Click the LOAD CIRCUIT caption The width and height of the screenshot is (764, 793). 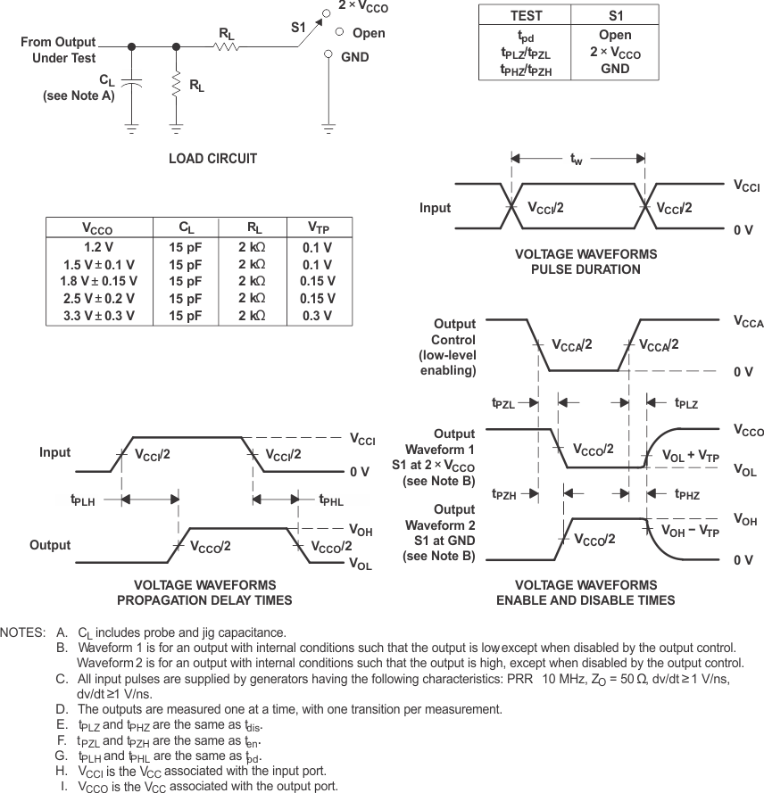pyautogui.click(x=212, y=159)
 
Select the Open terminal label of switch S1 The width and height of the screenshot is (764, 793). pyautogui.click(x=369, y=33)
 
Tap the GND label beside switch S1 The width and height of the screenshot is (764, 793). pyautogui.click(x=355, y=56)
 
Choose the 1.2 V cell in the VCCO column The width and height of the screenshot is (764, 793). pyautogui.click(x=99, y=248)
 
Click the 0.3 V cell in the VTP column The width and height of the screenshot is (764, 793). pyautogui.click(x=318, y=315)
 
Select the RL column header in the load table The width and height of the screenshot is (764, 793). pyautogui.click(x=253, y=227)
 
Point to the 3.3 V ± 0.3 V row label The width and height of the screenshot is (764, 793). pyautogui.click(x=99, y=315)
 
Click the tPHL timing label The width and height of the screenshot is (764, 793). pyautogui.click(x=330, y=500)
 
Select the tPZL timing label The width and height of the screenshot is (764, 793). pyautogui.click(x=503, y=403)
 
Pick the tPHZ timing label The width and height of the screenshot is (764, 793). pyautogui.click(x=686, y=493)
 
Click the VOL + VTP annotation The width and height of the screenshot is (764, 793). pyautogui.click(x=691, y=456)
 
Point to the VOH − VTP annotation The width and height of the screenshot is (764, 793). pyautogui.click(x=691, y=530)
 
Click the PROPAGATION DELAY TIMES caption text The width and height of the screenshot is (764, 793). pyautogui.click(x=204, y=600)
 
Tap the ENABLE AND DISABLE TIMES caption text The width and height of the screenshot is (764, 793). pyautogui.click(x=585, y=600)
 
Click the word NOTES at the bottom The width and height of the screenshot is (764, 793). pyautogui.click(x=22, y=632)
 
